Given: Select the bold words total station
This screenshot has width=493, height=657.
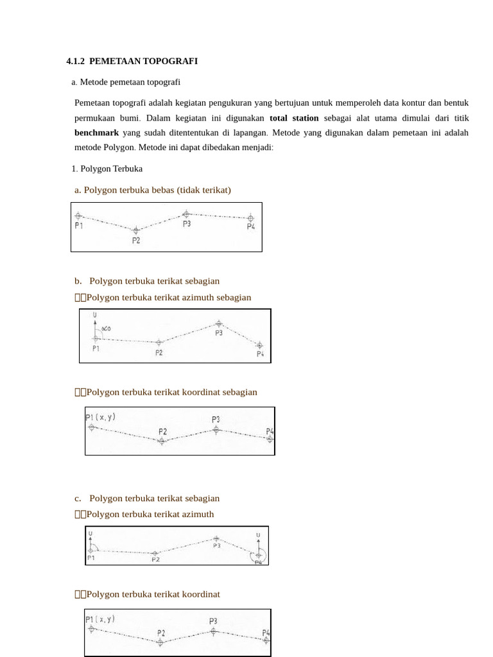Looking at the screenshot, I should [x=294, y=118].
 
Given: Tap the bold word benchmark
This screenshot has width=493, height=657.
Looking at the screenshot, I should [x=96, y=133].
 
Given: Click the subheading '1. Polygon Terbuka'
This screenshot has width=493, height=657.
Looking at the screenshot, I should [x=107, y=169].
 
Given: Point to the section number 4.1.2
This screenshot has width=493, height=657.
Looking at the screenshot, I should [x=75, y=62].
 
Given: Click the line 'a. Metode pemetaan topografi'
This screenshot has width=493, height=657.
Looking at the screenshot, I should [x=126, y=82].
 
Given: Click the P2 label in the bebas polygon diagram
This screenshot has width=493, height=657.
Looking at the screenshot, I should [x=136, y=241].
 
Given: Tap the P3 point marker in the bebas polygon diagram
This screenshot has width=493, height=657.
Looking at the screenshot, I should [x=186, y=214].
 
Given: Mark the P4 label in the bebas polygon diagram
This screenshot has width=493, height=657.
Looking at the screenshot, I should [x=251, y=227].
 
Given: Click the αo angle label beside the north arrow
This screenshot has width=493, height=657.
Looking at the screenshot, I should [x=107, y=328].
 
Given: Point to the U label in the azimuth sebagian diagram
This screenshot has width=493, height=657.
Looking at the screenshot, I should [x=94, y=315].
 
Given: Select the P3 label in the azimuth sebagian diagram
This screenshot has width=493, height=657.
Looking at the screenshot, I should [x=219, y=333].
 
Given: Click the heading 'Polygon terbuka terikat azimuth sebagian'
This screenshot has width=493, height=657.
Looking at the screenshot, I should [x=169, y=298].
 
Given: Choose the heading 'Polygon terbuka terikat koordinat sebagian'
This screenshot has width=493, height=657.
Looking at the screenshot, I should [x=171, y=392].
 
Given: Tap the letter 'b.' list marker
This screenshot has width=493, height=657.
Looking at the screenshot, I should [x=78, y=281].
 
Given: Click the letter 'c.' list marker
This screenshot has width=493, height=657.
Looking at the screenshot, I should [x=78, y=499].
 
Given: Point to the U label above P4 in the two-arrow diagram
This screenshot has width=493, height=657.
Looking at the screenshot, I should [x=258, y=534].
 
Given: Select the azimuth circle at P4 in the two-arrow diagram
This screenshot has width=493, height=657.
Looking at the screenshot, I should [x=258, y=555].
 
